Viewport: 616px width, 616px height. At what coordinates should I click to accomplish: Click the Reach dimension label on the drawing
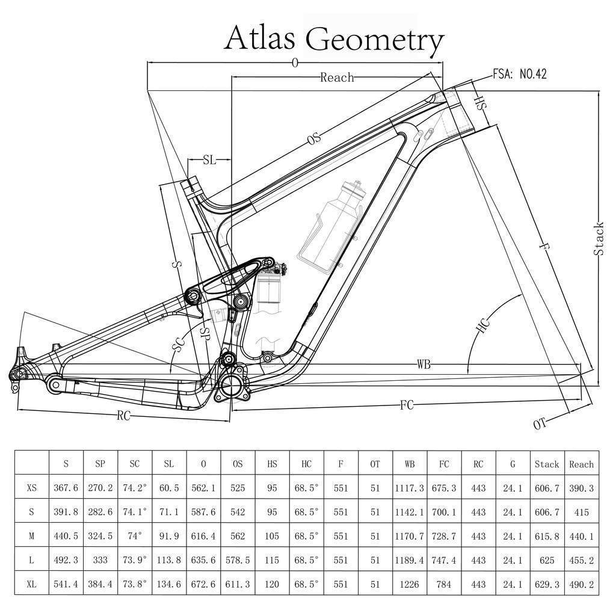pyautogui.click(x=336, y=77)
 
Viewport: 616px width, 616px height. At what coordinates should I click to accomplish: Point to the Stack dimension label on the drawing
pyautogui.click(x=599, y=239)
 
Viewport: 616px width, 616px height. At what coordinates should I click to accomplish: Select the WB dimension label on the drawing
pyautogui.click(x=425, y=365)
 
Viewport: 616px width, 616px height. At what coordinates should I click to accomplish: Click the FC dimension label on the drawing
pyautogui.click(x=407, y=405)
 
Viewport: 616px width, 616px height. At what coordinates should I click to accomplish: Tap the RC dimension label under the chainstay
pyautogui.click(x=123, y=415)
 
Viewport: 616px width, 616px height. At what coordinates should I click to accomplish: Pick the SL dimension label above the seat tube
pyautogui.click(x=209, y=160)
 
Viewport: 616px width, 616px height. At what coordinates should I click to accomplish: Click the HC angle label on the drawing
pyautogui.click(x=483, y=326)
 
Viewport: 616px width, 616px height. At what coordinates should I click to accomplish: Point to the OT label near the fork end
pyautogui.click(x=540, y=423)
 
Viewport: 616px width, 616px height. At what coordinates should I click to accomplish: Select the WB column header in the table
pyautogui.click(x=410, y=464)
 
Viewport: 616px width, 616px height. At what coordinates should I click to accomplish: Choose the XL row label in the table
pyautogui.click(x=32, y=584)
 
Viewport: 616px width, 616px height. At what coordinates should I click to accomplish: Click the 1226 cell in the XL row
pyautogui.click(x=410, y=584)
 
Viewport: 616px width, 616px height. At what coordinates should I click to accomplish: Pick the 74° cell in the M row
pyautogui.click(x=135, y=536)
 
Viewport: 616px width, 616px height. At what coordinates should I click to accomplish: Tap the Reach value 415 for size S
pyautogui.click(x=581, y=512)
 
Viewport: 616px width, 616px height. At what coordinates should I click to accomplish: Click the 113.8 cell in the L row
pyautogui.click(x=169, y=560)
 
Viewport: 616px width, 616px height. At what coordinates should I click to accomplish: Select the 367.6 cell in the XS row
pyautogui.click(x=66, y=488)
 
